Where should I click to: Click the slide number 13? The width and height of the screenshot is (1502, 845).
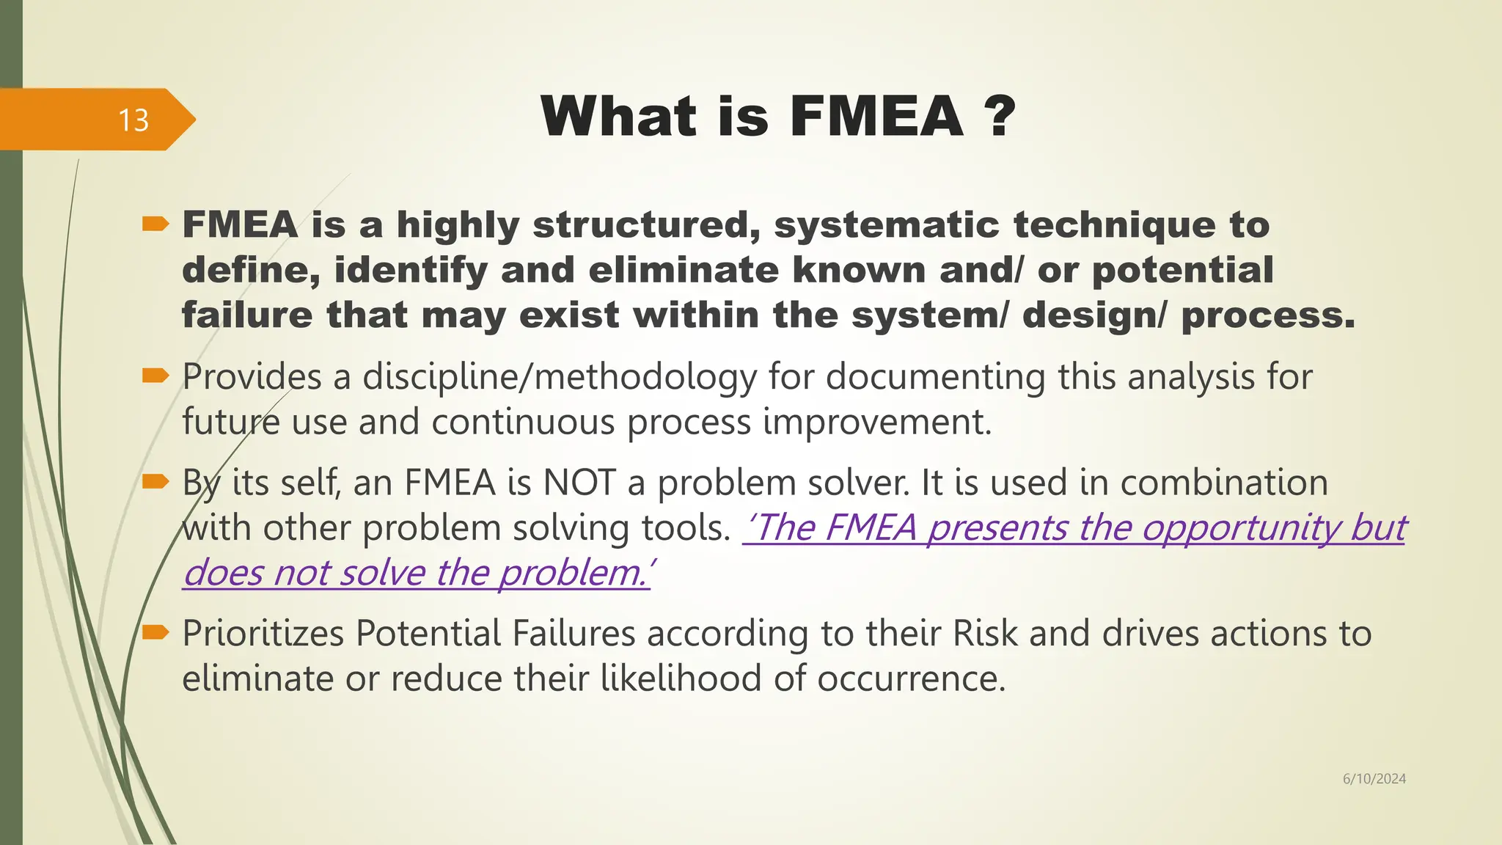tap(133, 120)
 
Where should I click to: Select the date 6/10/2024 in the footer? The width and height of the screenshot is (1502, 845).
tap(1374, 779)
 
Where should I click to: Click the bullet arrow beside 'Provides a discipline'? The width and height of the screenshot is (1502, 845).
tap(155, 376)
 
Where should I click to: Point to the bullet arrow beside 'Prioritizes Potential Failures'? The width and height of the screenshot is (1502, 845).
tap(155, 632)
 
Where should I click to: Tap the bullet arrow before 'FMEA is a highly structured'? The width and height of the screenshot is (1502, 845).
tap(155, 224)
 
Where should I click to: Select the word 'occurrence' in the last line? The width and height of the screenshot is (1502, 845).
tap(911, 678)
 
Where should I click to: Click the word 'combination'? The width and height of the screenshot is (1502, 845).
tap(1224, 483)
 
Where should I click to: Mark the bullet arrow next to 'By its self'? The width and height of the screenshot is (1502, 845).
tap(155, 482)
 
